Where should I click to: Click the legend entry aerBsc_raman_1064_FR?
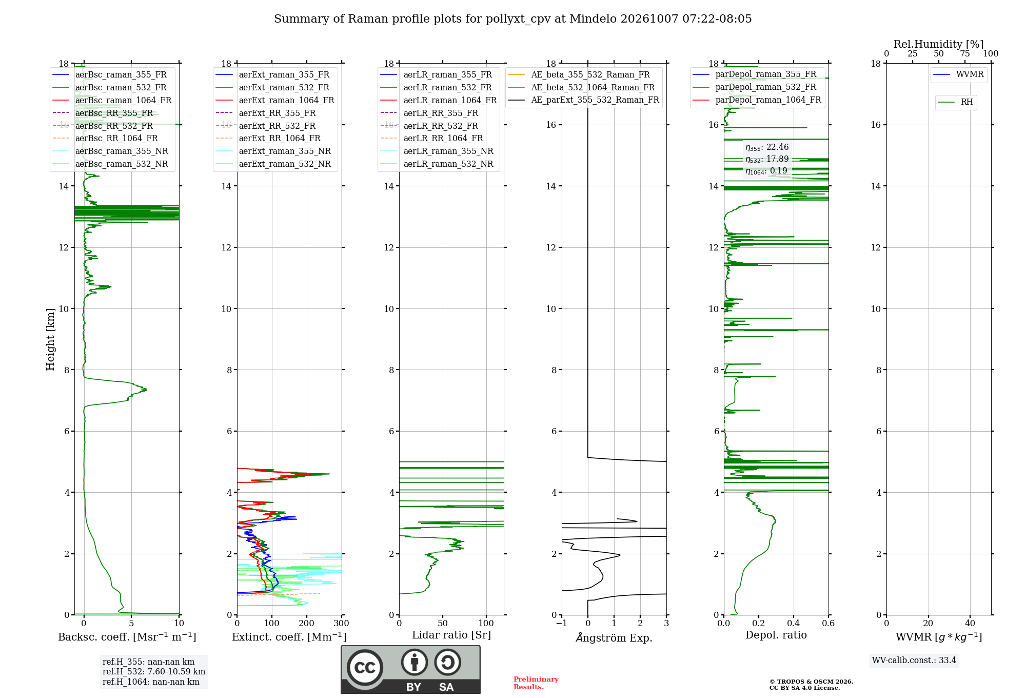click(112, 100)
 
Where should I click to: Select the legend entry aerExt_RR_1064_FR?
click(268, 138)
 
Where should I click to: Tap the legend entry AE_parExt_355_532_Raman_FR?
click(584, 100)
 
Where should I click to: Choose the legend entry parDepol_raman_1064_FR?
click(757, 100)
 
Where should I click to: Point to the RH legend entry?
click(956, 102)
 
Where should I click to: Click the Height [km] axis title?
click(50, 339)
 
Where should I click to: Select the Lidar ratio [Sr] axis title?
click(451, 635)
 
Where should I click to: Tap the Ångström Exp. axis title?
click(614, 637)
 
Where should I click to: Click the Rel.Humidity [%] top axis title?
click(939, 44)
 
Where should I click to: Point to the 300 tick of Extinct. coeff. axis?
click(342, 623)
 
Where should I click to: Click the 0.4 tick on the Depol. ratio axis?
click(794, 623)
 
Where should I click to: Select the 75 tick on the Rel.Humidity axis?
click(965, 53)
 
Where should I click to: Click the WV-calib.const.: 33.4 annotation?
click(914, 660)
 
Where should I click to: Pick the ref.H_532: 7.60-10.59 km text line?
click(154, 671)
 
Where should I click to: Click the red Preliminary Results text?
click(536, 683)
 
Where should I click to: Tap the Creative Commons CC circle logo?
click(365, 668)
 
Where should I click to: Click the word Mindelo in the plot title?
click(593, 19)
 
